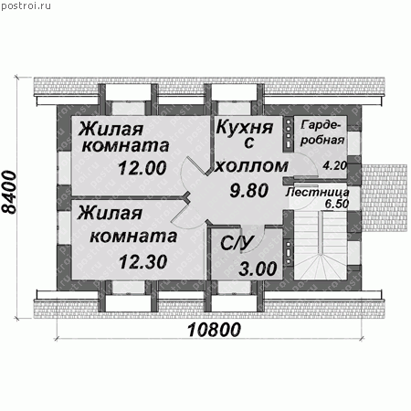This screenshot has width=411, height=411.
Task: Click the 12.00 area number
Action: click(x=142, y=168)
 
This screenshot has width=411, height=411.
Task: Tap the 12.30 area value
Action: click(x=143, y=262)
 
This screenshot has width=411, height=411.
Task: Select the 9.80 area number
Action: click(x=249, y=191)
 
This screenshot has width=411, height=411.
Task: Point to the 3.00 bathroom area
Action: click(x=258, y=269)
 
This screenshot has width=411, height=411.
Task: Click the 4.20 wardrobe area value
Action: click(x=335, y=165)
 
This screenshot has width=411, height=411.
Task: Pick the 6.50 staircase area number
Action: click(x=337, y=204)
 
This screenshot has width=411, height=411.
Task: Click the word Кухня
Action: click(x=245, y=128)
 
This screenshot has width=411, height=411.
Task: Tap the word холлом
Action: click(x=251, y=166)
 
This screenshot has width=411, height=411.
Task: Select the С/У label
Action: click(x=237, y=243)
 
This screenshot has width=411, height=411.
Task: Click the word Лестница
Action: click(x=318, y=192)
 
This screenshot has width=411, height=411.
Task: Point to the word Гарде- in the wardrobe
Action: click(x=321, y=125)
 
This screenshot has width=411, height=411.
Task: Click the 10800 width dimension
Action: click(x=215, y=330)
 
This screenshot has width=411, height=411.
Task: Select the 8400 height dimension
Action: click(x=9, y=192)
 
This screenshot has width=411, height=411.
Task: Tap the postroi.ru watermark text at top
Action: click(x=26, y=5)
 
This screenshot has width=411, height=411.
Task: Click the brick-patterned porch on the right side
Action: click(x=385, y=198)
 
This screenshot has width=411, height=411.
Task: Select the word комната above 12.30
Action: click(x=133, y=237)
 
